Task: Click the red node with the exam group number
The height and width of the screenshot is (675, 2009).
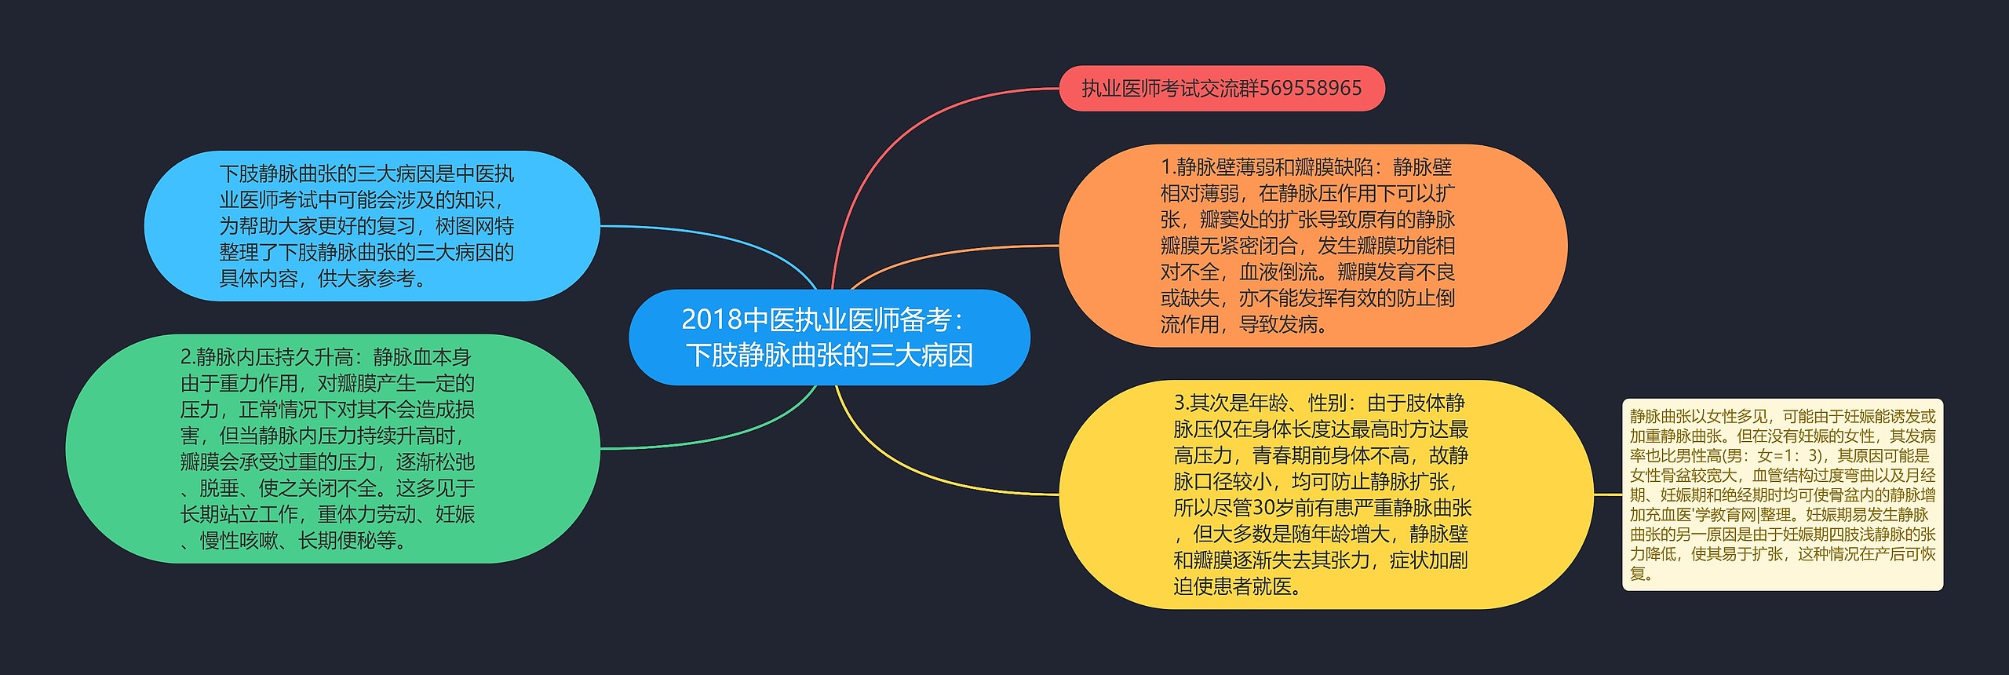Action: pyautogui.click(x=1221, y=89)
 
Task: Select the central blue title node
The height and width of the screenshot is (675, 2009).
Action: pyautogui.click(x=829, y=337)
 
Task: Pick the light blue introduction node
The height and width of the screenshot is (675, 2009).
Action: pyautogui.click(x=371, y=226)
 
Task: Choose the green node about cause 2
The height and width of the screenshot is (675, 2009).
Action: pyautogui.click(x=332, y=448)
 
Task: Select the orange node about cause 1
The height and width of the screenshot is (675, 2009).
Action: pyautogui.click(x=1312, y=246)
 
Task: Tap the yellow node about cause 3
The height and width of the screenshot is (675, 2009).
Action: pyautogui.click(x=1325, y=494)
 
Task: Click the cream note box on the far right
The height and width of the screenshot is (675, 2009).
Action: pyautogui.click(x=1782, y=494)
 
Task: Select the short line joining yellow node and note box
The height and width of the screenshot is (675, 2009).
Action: pyautogui.click(x=1608, y=494)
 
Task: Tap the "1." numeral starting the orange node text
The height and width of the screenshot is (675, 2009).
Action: pyautogui.click(x=1168, y=167)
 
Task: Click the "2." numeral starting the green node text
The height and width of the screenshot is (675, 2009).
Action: pyautogui.click(x=188, y=357)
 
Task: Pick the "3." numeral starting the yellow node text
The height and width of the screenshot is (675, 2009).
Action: pyautogui.click(x=1181, y=403)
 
